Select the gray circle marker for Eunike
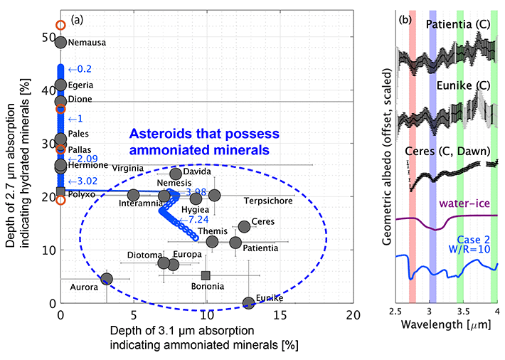pos(248,303)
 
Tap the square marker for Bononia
pos(206,275)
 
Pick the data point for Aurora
pos(107,279)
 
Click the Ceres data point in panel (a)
pos(244,226)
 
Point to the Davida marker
pos(176,174)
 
